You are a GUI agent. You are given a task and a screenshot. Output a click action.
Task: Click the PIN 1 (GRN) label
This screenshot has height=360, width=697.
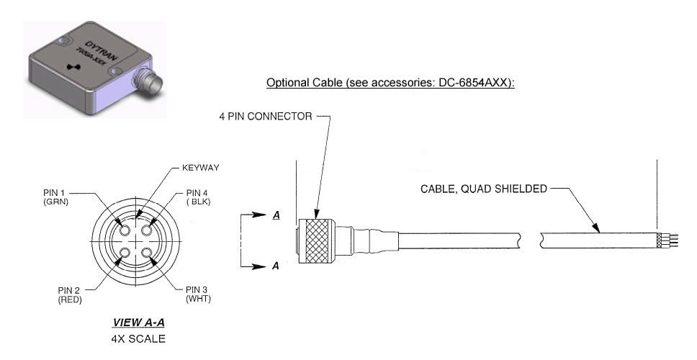tap(55, 197)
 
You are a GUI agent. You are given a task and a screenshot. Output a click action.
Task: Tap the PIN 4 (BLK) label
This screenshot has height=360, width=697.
tap(198, 197)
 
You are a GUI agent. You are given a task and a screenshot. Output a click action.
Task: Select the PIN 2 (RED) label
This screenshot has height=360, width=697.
tap(70, 295)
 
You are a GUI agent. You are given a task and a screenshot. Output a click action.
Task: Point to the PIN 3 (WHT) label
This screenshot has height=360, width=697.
tap(198, 294)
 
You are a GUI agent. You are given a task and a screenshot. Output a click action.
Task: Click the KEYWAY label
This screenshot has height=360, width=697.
tap(200, 168)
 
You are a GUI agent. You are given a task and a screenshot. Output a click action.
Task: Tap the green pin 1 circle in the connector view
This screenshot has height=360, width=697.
tap(125, 230)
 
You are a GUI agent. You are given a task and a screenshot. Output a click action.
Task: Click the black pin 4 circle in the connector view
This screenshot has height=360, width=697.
tap(147, 230)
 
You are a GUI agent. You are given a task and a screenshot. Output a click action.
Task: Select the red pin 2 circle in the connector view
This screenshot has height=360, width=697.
tap(125, 253)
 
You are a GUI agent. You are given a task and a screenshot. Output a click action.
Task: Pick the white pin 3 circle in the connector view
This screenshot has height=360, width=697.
tap(147, 253)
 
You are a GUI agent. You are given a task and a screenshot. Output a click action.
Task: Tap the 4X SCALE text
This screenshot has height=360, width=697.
tap(138, 338)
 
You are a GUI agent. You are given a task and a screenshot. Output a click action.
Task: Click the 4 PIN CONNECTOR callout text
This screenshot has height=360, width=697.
tap(266, 117)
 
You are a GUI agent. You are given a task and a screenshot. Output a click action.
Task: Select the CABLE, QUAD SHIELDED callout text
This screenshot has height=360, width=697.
tap(484, 189)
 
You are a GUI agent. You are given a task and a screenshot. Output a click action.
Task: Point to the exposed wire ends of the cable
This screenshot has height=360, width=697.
tap(671, 240)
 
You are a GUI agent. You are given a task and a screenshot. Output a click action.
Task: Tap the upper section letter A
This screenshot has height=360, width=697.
tap(276, 215)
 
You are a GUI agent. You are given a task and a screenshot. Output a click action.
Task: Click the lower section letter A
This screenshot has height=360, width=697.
tap(276, 266)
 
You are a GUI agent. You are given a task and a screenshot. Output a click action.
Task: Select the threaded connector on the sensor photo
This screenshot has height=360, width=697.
tap(148, 81)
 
